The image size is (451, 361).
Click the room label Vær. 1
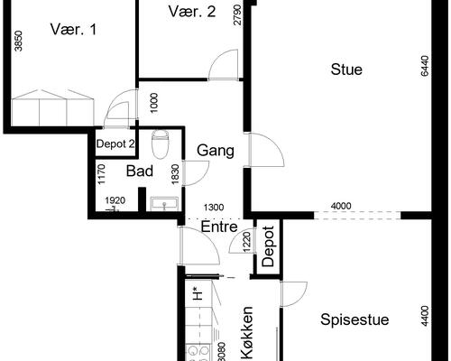pos(73,30)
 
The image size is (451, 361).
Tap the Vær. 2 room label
pos(192,12)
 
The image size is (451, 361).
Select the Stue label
pos(346,69)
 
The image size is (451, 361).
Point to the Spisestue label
pos(354,319)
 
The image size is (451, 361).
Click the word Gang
pos(216,151)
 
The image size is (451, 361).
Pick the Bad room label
pos(140,171)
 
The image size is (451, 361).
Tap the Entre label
pos(219,227)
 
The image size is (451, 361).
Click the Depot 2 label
pos(115,144)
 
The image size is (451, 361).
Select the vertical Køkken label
pos(247,333)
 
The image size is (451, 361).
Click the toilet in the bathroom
pos(160,143)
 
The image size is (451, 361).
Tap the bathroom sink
pos(164,204)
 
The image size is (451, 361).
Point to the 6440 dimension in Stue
pos(425,66)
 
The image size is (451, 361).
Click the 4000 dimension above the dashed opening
pos(341,206)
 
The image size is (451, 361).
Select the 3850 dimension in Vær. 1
pos(18,42)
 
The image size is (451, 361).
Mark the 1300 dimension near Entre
pos(214,208)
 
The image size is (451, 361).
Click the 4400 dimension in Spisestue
pos(425,316)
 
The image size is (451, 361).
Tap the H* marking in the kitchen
pos(198,294)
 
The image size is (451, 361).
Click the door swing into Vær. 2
pos(223,65)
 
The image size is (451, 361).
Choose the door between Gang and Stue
pos(266,150)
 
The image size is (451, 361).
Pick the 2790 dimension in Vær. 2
pos(237,14)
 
